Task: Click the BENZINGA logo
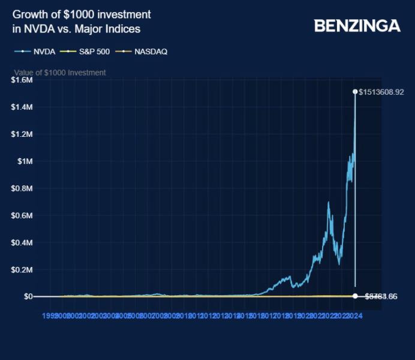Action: coord(357,26)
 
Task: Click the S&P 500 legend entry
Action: coord(88,52)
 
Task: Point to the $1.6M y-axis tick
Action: coord(22,80)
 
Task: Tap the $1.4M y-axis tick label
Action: coord(22,107)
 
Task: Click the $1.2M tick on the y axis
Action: coord(22,134)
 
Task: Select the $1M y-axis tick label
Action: coord(25,161)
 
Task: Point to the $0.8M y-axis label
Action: coord(22,188)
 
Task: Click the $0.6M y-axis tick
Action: coord(22,215)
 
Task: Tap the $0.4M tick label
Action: coord(22,242)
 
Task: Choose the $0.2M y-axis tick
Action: coord(22,269)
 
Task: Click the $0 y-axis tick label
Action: coord(28,296)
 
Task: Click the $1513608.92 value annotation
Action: coord(381,92)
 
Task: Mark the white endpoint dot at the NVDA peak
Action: coord(355,92)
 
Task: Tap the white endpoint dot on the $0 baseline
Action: coord(355,296)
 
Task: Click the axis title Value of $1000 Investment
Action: coord(60,73)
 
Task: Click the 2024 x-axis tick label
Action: coord(354,315)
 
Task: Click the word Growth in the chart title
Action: coord(29,14)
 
